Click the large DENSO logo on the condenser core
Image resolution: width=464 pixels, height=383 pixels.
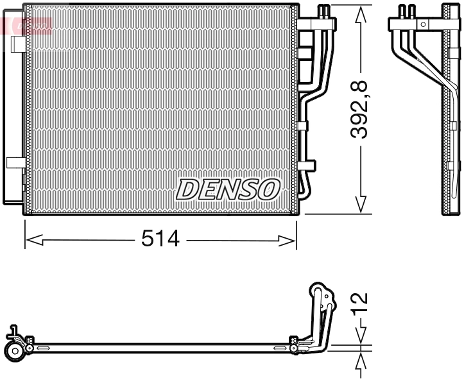pos(228,189)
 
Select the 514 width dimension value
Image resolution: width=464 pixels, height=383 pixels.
pos(160,239)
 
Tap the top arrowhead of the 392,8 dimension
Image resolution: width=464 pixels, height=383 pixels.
pos(361,12)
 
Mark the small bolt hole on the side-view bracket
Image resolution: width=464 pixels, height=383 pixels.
pos(422,24)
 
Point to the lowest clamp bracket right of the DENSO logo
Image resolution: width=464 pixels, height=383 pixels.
pos(307,165)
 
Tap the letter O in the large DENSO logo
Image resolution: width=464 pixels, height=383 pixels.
pos(270,189)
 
